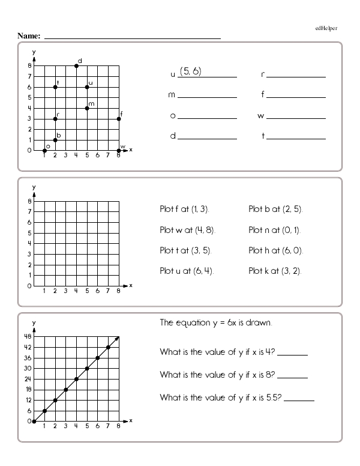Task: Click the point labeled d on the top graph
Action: pyautogui.click(x=76, y=65)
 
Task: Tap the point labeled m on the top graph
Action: pyautogui.click(x=87, y=108)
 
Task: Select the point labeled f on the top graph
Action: pyautogui.click(x=119, y=119)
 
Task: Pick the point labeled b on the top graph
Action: pyautogui.click(x=55, y=140)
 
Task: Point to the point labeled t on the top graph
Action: pyautogui.click(x=55, y=87)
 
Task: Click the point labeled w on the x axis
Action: pyautogui.click(x=119, y=150)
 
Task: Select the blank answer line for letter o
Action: pyautogui.click(x=207, y=116)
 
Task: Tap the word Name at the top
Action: pyautogui.click(x=29, y=36)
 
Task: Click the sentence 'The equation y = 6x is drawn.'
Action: pyautogui.click(x=216, y=322)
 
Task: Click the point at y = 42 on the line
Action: pyautogui.click(x=108, y=347)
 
